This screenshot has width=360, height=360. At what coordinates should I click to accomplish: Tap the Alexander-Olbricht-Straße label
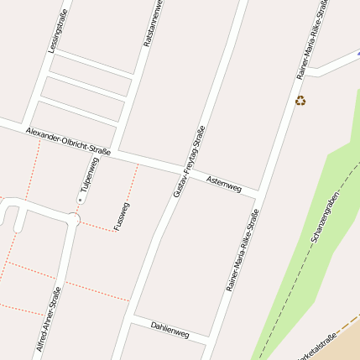68,141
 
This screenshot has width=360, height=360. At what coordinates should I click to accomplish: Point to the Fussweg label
122,217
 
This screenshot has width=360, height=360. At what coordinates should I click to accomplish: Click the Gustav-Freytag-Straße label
190,161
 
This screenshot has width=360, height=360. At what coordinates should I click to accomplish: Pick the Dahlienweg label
170,329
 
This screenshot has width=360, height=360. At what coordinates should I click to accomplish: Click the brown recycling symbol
300,102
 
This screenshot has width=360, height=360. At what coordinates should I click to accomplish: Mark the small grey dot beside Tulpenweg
81,201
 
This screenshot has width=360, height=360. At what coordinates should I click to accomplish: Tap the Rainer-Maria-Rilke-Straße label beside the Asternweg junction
243,250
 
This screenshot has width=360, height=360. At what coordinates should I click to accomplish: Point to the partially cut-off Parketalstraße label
319,347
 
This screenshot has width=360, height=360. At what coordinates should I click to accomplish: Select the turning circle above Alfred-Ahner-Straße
74,219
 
